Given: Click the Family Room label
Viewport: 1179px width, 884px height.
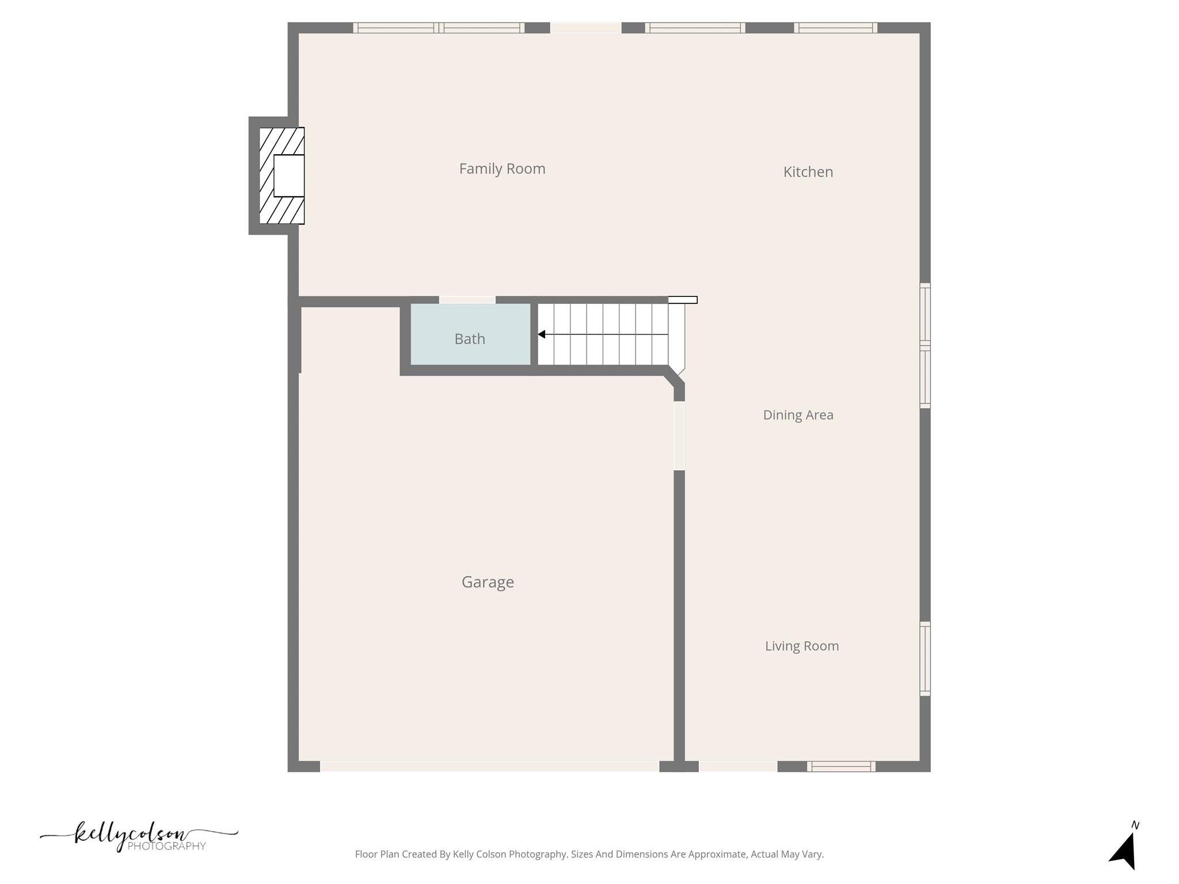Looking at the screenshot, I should tap(502, 169).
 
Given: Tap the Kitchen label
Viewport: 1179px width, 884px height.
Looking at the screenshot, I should tap(808, 172).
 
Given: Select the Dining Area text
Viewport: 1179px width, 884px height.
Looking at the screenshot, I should tap(798, 415).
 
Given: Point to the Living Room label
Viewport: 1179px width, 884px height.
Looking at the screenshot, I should tap(801, 646).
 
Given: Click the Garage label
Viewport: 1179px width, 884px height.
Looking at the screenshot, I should tap(488, 582).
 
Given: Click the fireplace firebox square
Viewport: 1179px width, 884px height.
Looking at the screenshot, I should tap(288, 176).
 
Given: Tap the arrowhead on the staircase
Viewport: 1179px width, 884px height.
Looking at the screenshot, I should tap(542, 334).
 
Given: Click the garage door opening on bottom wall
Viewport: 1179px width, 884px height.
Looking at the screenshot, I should tap(489, 767).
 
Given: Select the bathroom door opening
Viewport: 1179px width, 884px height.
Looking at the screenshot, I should tap(467, 300).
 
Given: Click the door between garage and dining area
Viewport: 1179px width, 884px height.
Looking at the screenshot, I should tap(679, 436).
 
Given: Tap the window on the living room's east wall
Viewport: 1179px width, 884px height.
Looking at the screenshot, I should tap(925, 658).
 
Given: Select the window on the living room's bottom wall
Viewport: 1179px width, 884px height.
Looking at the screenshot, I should tap(841, 767).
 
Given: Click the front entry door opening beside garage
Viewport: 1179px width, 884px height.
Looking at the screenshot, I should tap(738, 767).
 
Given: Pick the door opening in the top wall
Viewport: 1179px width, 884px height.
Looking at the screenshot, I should tap(586, 28).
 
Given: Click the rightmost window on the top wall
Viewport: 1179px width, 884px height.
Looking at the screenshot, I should tap(835, 28).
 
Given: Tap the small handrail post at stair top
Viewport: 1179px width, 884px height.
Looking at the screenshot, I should tap(683, 300).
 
